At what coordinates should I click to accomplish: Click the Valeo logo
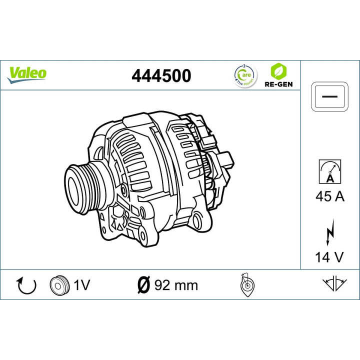tap(27, 73)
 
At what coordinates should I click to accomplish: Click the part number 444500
tap(161, 75)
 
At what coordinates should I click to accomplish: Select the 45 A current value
tap(329, 196)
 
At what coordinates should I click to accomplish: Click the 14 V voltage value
tap(329, 257)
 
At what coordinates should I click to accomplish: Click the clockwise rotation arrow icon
tap(27, 285)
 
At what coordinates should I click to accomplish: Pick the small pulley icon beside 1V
tap(58, 285)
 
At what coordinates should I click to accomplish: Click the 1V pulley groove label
tap(81, 285)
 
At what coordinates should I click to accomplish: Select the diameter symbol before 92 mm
tap(143, 285)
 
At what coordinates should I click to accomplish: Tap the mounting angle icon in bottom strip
tap(247, 285)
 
